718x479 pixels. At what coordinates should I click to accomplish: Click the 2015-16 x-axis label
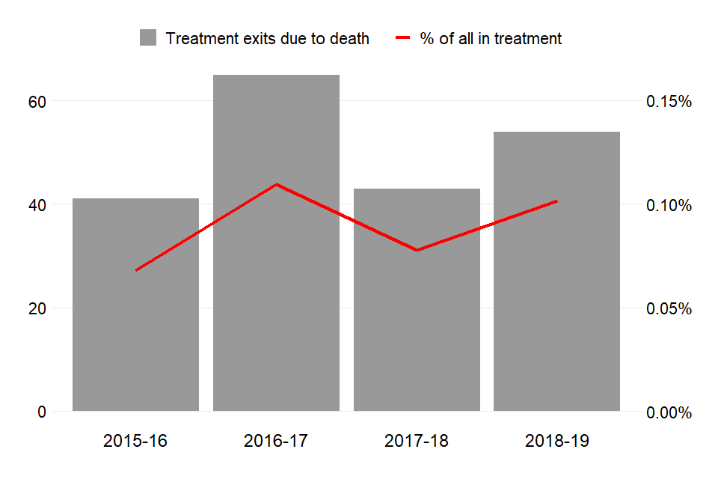point(135,442)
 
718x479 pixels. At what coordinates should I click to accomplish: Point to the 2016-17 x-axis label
point(276,442)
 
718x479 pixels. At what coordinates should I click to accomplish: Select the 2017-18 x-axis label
point(417,442)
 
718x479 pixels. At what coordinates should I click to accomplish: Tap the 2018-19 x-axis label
point(557,442)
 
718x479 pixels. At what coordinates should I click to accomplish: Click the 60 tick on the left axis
point(37,101)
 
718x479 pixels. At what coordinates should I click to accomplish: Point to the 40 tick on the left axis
point(37,204)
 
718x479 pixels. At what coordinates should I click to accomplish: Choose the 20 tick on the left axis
point(37,308)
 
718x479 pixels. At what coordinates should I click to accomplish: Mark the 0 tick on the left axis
point(42,412)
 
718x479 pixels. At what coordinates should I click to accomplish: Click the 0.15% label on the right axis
point(668,101)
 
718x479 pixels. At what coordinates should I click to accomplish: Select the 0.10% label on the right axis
point(668,205)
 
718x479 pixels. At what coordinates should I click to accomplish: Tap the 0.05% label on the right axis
point(668,308)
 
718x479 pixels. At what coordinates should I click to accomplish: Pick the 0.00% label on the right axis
point(668,412)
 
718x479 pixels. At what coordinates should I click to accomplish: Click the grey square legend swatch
point(148,38)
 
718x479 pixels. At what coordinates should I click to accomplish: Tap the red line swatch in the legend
point(403,38)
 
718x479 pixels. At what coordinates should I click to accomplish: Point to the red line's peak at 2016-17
point(276,184)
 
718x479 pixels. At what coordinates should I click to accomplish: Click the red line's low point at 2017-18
point(417,250)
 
